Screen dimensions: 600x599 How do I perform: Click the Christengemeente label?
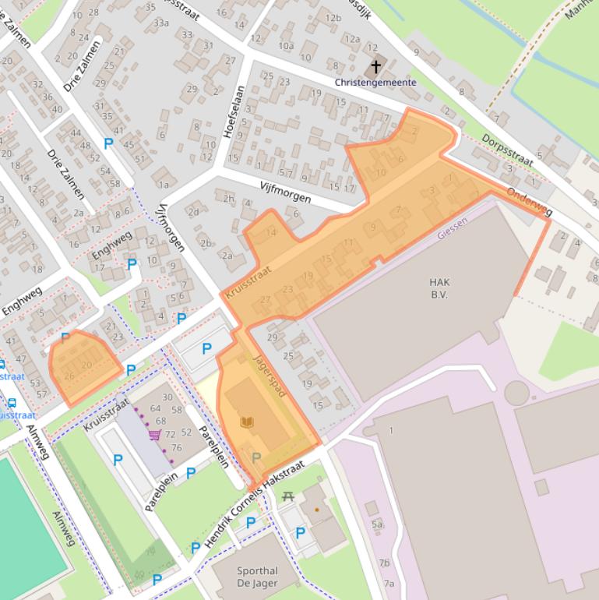point(375,83)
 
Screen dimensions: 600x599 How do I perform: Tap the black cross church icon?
point(376,67)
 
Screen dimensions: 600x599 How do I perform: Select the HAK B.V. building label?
point(439,288)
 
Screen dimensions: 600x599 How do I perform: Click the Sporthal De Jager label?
point(258,577)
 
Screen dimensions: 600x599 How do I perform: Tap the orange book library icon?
point(247,422)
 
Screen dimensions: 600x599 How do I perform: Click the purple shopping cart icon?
point(155,435)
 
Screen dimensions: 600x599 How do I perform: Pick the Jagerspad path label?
point(270,376)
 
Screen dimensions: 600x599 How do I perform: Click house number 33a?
point(161,23)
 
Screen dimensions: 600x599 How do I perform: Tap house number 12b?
point(333,18)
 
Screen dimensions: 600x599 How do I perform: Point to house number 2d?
point(193,212)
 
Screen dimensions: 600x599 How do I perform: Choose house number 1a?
point(164,185)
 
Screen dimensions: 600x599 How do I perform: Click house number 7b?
point(384,563)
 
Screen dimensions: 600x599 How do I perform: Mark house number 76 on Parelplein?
point(177,447)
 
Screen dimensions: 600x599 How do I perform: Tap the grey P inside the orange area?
point(255,457)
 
